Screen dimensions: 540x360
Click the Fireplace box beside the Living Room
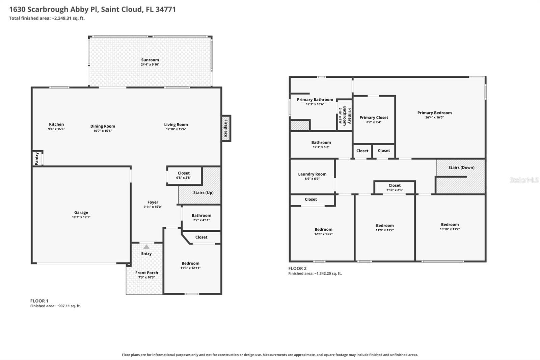(226, 128)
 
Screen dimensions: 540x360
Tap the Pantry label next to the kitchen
(37, 158)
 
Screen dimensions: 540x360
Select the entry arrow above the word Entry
(146, 247)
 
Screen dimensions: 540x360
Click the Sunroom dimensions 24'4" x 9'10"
(150, 65)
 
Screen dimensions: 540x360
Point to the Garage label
(81, 212)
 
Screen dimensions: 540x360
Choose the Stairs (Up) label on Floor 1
(203, 192)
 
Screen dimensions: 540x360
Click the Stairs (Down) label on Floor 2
(461, 168)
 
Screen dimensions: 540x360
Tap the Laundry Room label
(312, 174)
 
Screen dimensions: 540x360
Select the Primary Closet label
(374, 118)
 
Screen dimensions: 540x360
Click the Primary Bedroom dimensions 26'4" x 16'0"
(434, 118)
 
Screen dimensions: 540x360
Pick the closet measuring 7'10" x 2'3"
(395, 187)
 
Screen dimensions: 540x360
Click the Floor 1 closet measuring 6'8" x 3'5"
(184, 175)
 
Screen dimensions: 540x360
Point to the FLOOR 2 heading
(297, 268)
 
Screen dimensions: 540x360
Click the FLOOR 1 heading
(39, 301)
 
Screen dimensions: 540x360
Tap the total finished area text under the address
(47, 18)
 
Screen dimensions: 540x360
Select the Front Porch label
(146, 273)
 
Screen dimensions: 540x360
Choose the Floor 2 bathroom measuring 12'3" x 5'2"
(321, 145)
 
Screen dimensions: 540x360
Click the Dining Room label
(103, 126)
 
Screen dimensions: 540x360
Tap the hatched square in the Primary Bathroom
(300, 125)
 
